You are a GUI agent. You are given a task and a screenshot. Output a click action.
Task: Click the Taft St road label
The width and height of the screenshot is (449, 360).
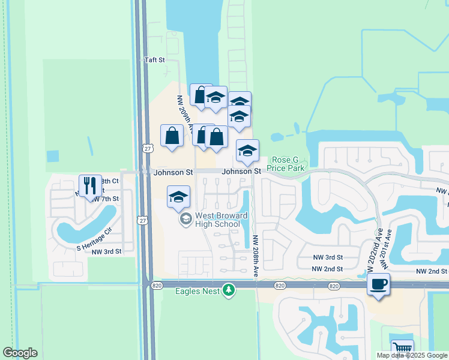tap(154, 60)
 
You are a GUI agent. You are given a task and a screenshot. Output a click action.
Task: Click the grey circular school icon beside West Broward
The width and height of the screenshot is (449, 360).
tap(185, 220)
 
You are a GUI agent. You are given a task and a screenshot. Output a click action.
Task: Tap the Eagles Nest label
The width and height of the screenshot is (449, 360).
tap(196, 292)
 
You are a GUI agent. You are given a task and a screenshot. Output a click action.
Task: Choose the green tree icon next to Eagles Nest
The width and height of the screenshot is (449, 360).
tap(228, 291)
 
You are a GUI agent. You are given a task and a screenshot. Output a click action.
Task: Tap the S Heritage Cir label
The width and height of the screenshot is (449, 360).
tap(95, 239)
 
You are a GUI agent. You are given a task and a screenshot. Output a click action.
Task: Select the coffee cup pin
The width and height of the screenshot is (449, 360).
tap(378, 284)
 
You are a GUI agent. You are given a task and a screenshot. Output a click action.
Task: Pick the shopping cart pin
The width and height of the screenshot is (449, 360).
tap(402, 349)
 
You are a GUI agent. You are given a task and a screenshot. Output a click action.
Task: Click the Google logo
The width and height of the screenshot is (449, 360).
tap(20, 353)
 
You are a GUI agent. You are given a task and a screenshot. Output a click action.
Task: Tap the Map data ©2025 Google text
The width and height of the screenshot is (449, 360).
tap(411, 355)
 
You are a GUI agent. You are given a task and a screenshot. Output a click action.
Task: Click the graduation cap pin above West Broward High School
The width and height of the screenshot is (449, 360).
tap(178, 197)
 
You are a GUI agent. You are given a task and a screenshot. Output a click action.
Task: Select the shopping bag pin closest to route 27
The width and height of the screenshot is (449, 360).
tap(172, 136)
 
